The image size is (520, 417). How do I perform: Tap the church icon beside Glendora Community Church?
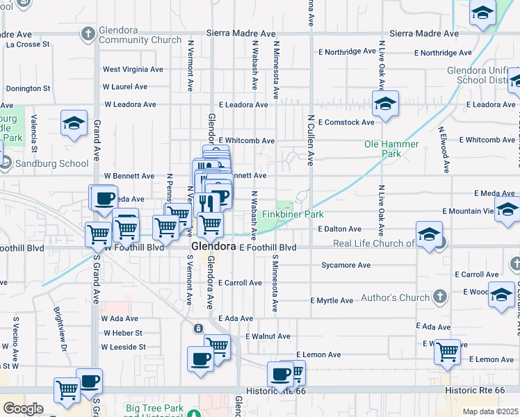tap(88, 33)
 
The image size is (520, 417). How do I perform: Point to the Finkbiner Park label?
tap(293, 215)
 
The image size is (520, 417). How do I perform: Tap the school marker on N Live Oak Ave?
tap(384, 104)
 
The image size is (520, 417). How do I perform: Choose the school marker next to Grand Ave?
tap(74, 123)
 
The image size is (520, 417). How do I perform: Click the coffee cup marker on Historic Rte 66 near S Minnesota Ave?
tap(280, 373)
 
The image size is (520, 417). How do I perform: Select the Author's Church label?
tap(394, 297)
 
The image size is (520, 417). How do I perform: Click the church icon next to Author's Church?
tap(439, 297)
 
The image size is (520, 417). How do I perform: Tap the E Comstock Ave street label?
tap(346, 122)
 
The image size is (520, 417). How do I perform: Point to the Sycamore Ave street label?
tap(346, 265)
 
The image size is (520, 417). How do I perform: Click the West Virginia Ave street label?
tap(133, 69)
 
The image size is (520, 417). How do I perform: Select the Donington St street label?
tap(29, 88)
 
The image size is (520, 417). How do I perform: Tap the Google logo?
tap(23, 408)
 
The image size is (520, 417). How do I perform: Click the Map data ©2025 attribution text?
tap(490, 411)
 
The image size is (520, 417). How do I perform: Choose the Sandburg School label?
tap(52, 164)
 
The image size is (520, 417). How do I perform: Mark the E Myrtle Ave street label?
tap(332, 300)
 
